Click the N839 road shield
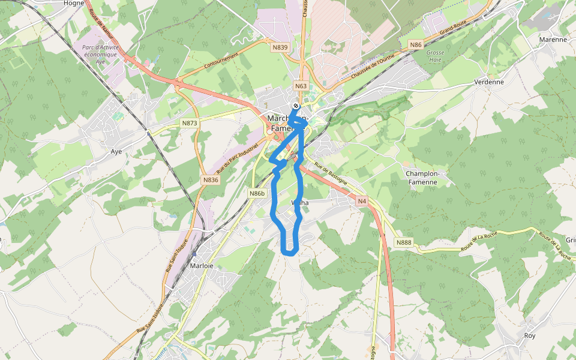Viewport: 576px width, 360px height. tap(280, 47)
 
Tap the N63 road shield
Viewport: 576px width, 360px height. tap(301, 86)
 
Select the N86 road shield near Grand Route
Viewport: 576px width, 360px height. tap(416, 45)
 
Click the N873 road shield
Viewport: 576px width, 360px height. tap(190, 123)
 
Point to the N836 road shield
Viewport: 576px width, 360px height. tap(211, 179)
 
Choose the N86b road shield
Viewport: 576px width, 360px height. tap(257, 193)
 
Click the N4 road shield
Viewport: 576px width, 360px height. tap(361, 201)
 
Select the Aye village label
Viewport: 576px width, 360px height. tap(116, 151)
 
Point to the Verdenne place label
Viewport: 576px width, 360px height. tap(488, 82)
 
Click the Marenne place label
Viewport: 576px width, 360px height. tap(553, 40)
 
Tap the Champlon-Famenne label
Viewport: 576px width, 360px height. tap(423, 177)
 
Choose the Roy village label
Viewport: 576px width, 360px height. tap(529, 335)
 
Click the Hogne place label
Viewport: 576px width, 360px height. tap(74, 3)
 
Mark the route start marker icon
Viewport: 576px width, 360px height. tap(296, 106)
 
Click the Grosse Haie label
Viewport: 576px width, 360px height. tap(435, 56)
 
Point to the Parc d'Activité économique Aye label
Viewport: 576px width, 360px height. tap(100, 54)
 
